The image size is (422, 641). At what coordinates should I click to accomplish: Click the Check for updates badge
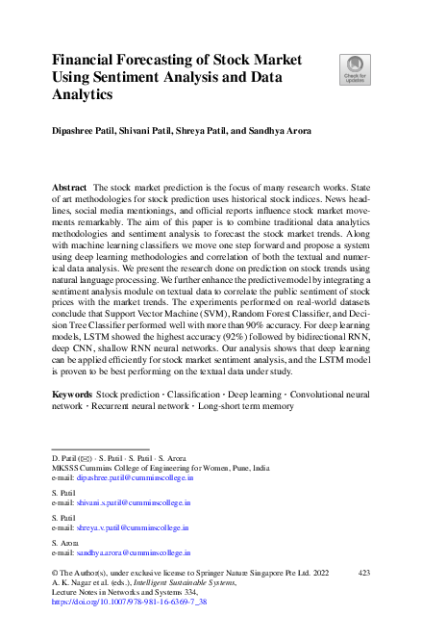354,68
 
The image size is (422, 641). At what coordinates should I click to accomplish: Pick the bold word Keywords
73,423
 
